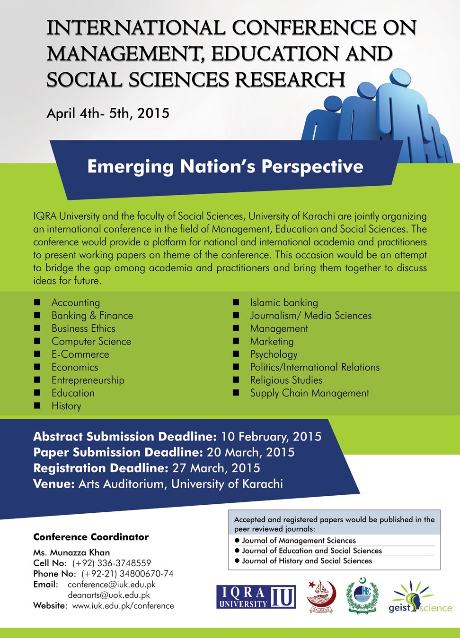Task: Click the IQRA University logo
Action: click(256, 596)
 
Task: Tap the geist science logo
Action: click(420, 598)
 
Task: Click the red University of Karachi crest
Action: click(320, 597)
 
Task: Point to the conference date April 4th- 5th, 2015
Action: click(108, 113)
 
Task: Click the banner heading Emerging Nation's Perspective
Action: click(225, 167)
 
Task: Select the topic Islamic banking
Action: click(284, 303)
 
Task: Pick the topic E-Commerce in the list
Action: click(80, 354)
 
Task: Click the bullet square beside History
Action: click(37, 406)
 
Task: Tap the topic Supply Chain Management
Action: click(310, 393)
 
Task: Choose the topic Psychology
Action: click(274, 354)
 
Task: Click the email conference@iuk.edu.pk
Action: click(112, 585)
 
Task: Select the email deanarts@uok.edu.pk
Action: click(109, 595)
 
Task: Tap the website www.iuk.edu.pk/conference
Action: click(123, 606)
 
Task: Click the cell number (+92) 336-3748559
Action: click(112, 563)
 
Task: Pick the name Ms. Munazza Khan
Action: click(71, 552)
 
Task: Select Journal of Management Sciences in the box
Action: click(299, 541)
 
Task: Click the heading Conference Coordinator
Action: click(91, 537)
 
